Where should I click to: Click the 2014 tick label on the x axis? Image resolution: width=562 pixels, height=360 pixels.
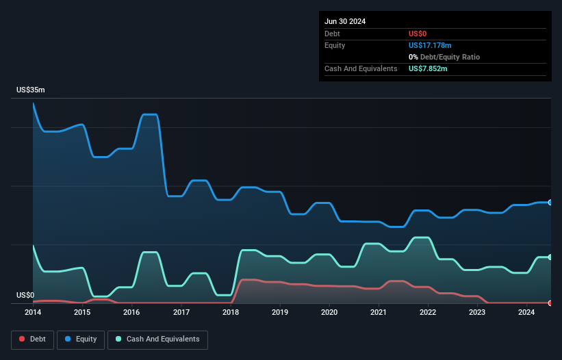[x=33, y=313]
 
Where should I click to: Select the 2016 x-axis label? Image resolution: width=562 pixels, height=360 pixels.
[x=131, y=313]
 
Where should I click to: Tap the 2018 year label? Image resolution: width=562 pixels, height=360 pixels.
[x=231, y=313]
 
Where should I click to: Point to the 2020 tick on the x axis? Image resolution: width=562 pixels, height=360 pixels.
[x=329, y=313]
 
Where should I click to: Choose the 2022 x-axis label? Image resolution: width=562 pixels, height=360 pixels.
[x=428, y=313]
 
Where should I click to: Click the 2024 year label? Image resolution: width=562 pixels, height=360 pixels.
[x=526, y=313]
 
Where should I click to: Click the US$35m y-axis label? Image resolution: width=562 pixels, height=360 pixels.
[x=30, y=90]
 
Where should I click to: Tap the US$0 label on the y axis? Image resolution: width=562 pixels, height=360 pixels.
[x=25, y=296]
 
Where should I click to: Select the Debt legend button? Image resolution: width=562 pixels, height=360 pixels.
[x=32, y=339]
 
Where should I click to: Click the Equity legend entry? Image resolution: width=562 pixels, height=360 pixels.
[x=81, y=339]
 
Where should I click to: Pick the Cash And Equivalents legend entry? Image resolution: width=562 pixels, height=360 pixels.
[x=157, y=339]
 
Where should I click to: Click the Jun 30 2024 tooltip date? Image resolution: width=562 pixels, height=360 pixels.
[x=345, y=21]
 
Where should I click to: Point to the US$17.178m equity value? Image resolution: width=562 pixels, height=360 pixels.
[x=430, y=45]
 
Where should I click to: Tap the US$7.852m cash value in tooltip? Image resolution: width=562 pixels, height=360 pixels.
[x=428, y=68]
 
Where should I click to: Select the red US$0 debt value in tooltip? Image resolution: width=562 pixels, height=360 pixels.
[x=418, y=34]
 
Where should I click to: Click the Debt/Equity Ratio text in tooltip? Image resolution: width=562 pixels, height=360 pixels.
[x=448, y=57]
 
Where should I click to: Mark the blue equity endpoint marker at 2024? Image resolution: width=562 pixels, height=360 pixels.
[x=550, y=203]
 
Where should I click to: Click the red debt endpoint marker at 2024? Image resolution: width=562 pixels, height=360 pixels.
[x=550, y=303]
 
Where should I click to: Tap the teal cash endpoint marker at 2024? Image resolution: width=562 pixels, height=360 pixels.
[x=550, y=257]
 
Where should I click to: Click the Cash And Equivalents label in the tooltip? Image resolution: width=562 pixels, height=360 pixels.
[x=361, y=68]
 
